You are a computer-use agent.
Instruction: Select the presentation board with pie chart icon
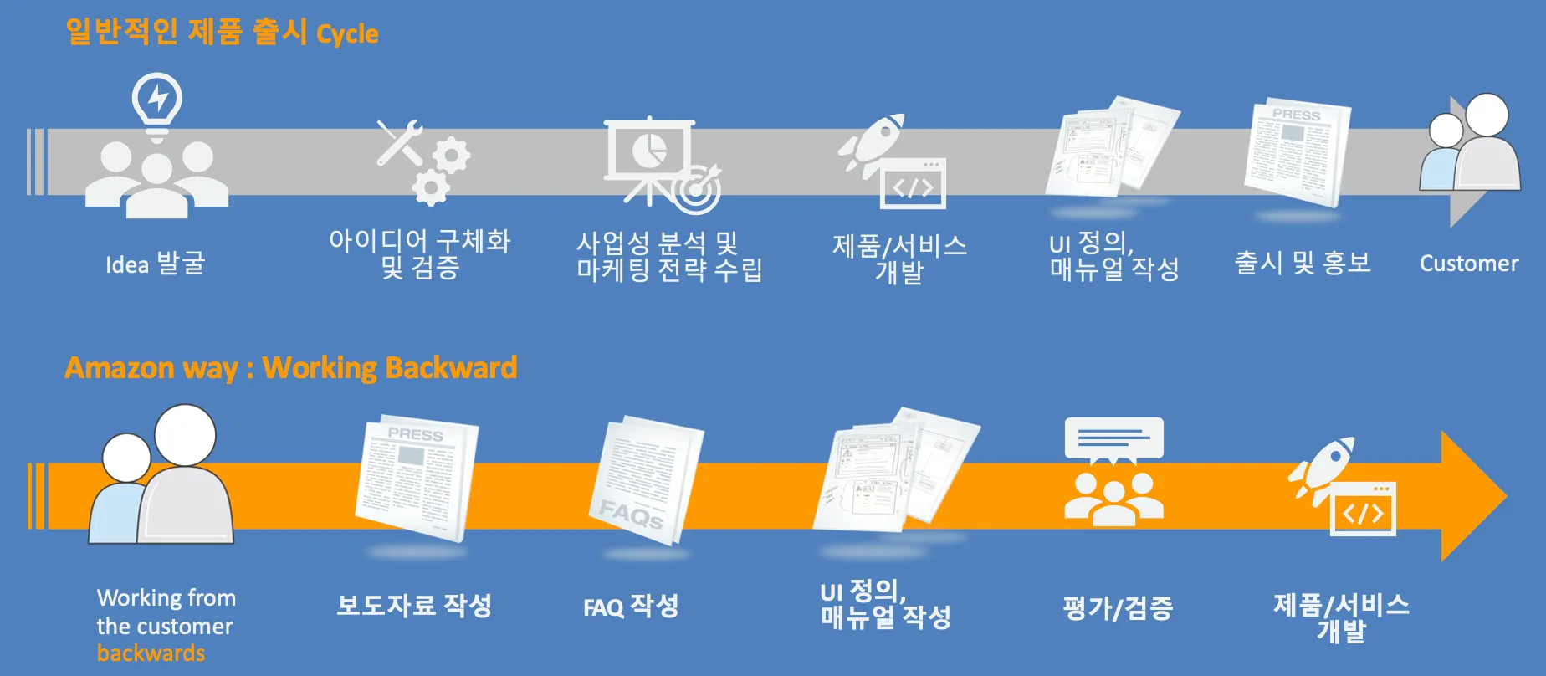pos(650,155)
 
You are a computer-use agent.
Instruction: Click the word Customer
pos(1468,264)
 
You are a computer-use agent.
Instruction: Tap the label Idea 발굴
pos(155,264)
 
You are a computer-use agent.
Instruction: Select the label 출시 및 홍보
pos(1303,263)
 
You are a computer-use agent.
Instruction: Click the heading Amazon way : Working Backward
pos(290,368)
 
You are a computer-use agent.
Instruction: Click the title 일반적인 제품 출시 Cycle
pos(222,33)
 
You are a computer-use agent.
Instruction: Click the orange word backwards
pos(151,653)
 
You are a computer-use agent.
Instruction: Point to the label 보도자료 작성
pos(414,605)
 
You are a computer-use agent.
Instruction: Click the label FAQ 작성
pos(631,606)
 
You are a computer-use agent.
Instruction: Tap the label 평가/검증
pos(1118,607)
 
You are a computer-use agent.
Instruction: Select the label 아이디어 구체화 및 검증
pos(419,253)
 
